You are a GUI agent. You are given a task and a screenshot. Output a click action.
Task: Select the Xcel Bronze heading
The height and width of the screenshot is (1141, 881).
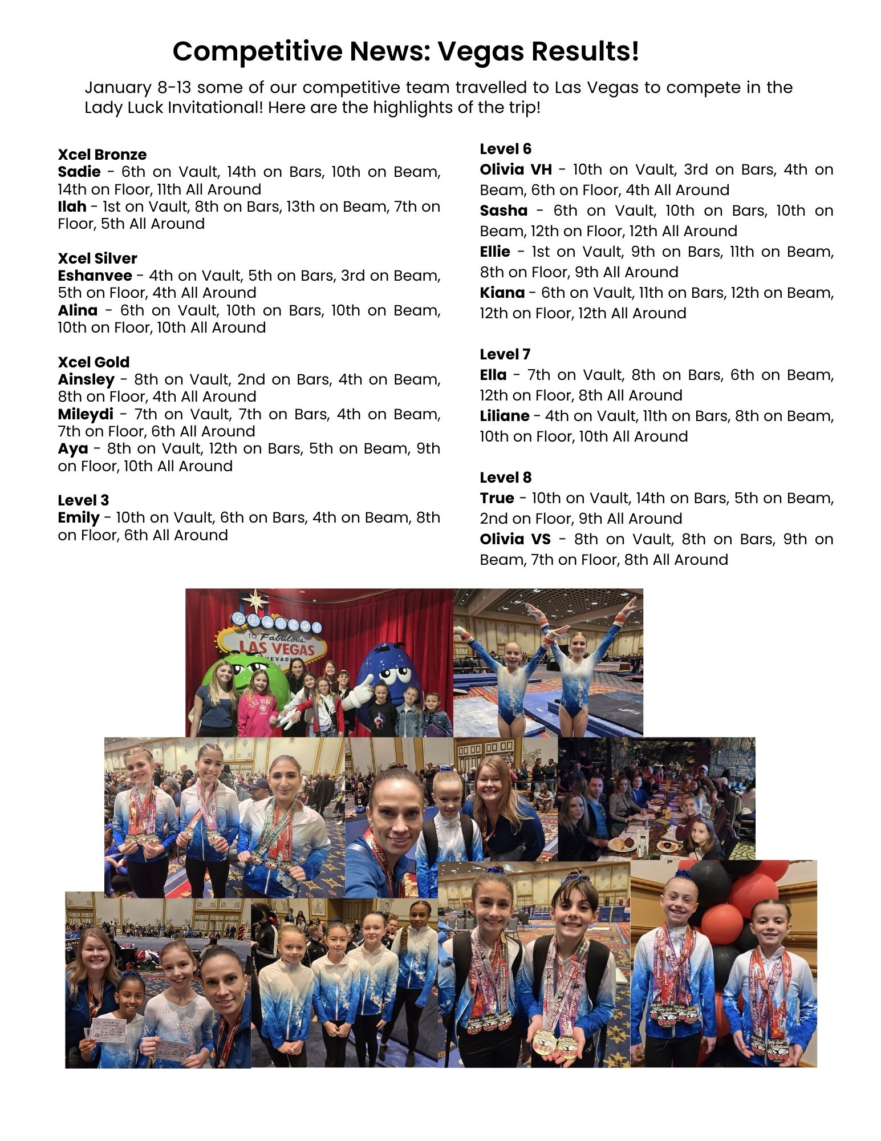pyautogui.click(x=102, y=155)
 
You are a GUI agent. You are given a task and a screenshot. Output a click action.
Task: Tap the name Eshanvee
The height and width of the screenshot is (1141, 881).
pyautogui.click(x=95, y=276)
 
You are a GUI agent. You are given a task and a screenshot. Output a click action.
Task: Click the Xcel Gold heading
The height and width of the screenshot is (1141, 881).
pyautogui.click(x=94, y=362)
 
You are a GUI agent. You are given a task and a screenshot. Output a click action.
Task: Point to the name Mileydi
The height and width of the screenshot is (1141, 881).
pyautogui.click(x=86, y=414)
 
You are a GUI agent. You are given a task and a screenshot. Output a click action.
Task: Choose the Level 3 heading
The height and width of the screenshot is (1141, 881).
pyautogui.click(x=83, y=500)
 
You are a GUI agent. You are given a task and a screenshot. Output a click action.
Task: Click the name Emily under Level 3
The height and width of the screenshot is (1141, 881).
pyautogui.click(x=79, y=518)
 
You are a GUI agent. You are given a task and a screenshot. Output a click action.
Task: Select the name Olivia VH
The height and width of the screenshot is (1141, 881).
pyautogui.click(x=515, y=169)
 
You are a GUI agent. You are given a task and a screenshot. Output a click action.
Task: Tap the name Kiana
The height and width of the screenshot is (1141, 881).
pyautogui.click(x=502, y=293)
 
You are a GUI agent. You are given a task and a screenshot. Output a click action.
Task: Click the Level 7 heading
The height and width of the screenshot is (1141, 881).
pyautogui.click(x=505, y=354)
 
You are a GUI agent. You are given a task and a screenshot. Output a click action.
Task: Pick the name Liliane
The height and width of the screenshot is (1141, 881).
pyautogui.click(x=504, y=416)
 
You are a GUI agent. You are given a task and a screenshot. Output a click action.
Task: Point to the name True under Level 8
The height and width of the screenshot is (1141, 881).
pyautogui.click(x=497, y=498)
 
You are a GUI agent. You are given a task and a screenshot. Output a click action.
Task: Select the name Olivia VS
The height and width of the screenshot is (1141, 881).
pyautogui.click(x=515, y=539)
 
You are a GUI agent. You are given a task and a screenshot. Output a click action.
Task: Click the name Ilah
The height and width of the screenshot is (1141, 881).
pyautogui.click(x=72, y=207)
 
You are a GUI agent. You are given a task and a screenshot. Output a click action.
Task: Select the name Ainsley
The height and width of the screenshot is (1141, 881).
pyautogui.click(x=86, y=379)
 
